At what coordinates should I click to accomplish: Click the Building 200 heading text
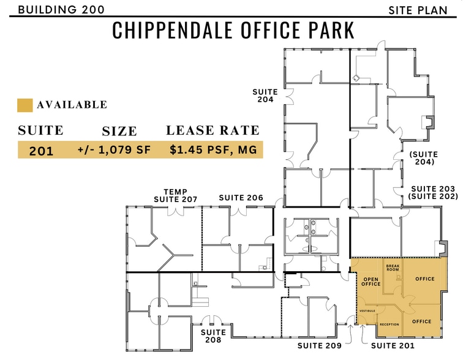click(x=61, y=9)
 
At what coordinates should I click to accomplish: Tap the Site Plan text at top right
click(x=417, y=10)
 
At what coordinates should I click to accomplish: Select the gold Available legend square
click(x=24, y=105)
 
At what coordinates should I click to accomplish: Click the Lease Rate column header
click(x=212, y=130)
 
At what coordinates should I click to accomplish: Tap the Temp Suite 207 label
click(x=176, y=195)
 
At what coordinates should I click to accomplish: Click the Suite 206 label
click(x=241, y=198)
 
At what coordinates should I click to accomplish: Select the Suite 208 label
click(x=213, y=336)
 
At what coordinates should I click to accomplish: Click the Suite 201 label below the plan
click(x=393, y=347)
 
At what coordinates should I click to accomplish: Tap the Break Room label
click(x=393, y=268)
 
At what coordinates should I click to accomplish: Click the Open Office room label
click(x=371, y=281)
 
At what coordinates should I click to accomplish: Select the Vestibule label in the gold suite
click(x=367, y=311)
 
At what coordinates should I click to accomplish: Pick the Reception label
click(x=389, y=324)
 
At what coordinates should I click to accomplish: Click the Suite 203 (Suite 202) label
click(x=432, y=192)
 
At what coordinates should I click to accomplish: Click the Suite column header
click(x=41, y=130)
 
